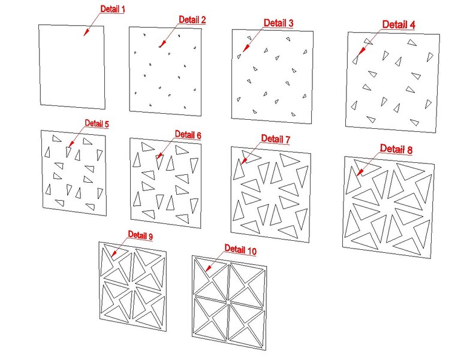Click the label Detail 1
click(x=113, y=9)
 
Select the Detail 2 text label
click(x=192, y=20)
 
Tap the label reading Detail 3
click(x=278, y=23)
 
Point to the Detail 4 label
click(x=398, y=25)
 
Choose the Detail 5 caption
click(x=97, y=123)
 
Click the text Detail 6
click(x=188, y=135)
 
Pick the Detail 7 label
click(x=276, y=139)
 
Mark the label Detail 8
click(x=396, y=149)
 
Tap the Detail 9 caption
click(x=140, y=235)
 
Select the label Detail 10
click(x=240, y=250)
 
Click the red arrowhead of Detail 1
click(x=86, y=32)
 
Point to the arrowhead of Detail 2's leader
click(x=162, y=44)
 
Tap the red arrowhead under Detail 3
click(x=246, y=48)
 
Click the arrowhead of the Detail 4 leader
click(x=361, y=51)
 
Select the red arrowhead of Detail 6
click(x=159, y=155)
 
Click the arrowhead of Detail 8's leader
click(x=360, y=173)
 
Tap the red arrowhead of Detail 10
click(x=208, y=268)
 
